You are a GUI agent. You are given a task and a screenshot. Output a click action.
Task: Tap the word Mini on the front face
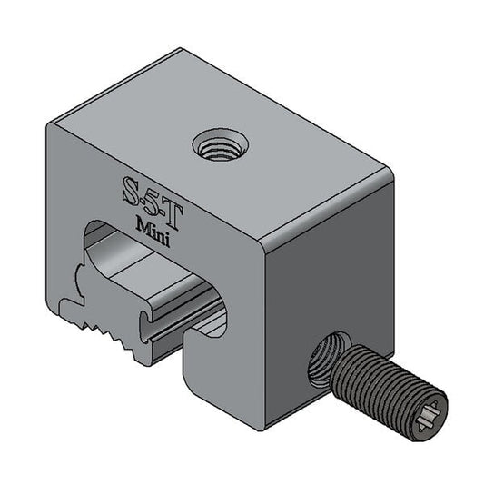tap(150, 226)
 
